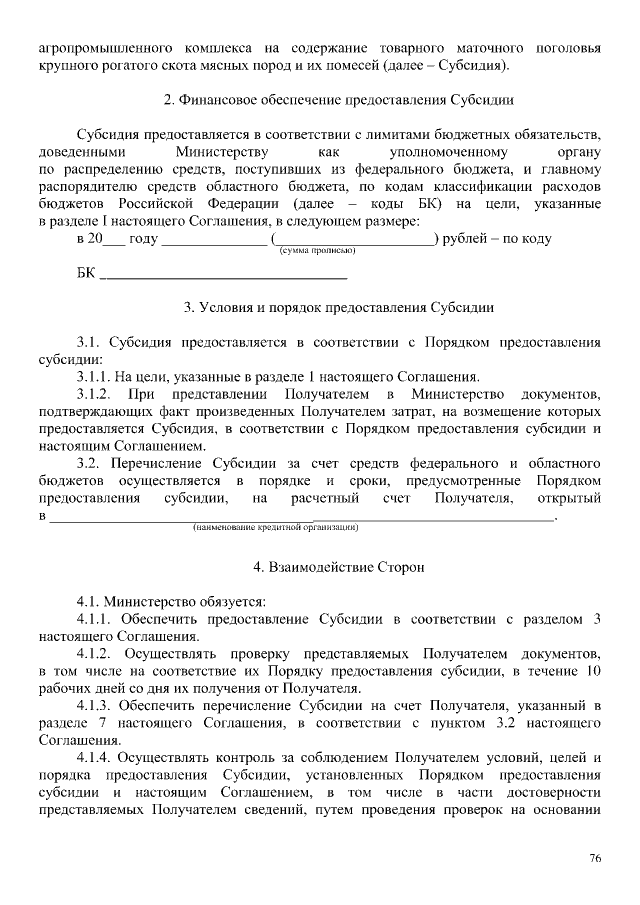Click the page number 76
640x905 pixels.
(594, 859)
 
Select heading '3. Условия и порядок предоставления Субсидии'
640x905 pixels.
(339, 307)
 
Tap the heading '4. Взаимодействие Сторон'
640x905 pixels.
(339, 567)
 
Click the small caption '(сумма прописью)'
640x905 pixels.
(317, 251)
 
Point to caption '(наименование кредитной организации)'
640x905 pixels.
(275, 527)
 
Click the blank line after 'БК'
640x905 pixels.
(224, 273)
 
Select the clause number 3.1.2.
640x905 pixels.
(98, 395)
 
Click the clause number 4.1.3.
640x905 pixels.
(98, 707)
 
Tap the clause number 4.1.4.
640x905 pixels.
(98, 759)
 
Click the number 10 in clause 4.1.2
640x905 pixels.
(593, 672)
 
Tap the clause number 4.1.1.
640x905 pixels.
(98, 619)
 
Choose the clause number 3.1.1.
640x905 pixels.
(98, 377)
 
